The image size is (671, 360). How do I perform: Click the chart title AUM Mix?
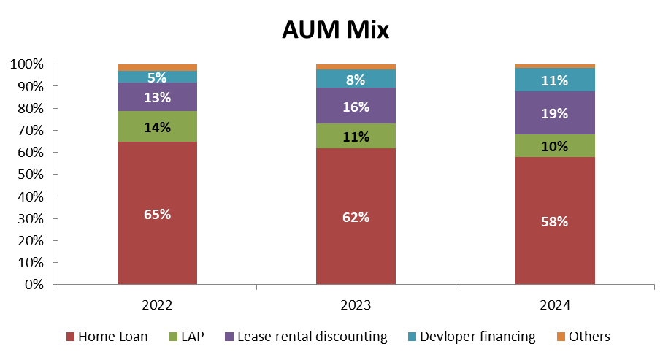pos(335,31)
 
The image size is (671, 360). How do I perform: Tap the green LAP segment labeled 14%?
pos(157,126)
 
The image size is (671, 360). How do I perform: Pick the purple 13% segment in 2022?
pos(157,97)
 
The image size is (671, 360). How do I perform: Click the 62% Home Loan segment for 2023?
pos(356,216)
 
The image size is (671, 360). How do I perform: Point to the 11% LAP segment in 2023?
pos(356,136)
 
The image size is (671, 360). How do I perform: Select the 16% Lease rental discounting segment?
pos(356,106)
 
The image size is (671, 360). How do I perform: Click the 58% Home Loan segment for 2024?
pos(555,221)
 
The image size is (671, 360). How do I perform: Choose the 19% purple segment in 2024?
pos(555,113)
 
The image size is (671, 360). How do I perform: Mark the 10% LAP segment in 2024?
pos(555,145)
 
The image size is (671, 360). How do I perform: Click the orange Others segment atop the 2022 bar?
pos(157,67)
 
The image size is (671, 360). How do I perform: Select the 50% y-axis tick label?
pos(28,175)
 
